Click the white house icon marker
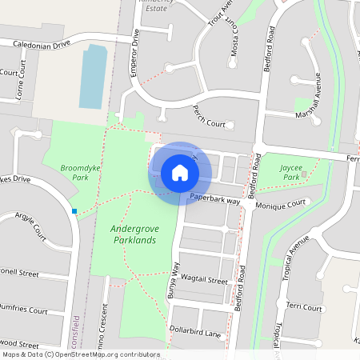click(180, 172)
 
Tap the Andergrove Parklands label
click(134, 234)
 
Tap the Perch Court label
click(210, 124)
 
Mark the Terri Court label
click(304, 307)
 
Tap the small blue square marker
click(74, 211)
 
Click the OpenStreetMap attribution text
click(80, 354)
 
